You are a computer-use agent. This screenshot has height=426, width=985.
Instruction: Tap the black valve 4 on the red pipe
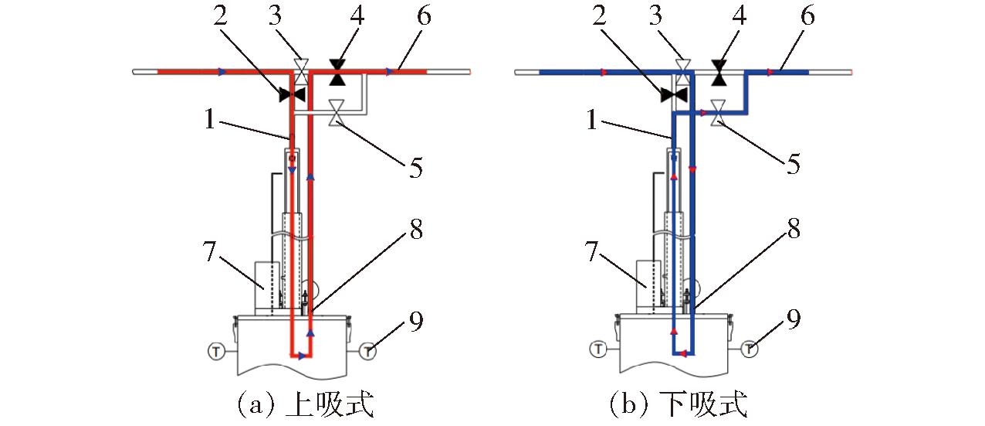[337, 72]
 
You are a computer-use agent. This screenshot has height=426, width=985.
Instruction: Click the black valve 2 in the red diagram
[292, 94]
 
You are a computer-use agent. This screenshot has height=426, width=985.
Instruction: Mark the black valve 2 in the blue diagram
[673, 94]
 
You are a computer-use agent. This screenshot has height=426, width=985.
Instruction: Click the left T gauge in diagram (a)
[215, 350]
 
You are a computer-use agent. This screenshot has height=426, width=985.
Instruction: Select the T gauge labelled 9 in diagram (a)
[368, 350]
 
